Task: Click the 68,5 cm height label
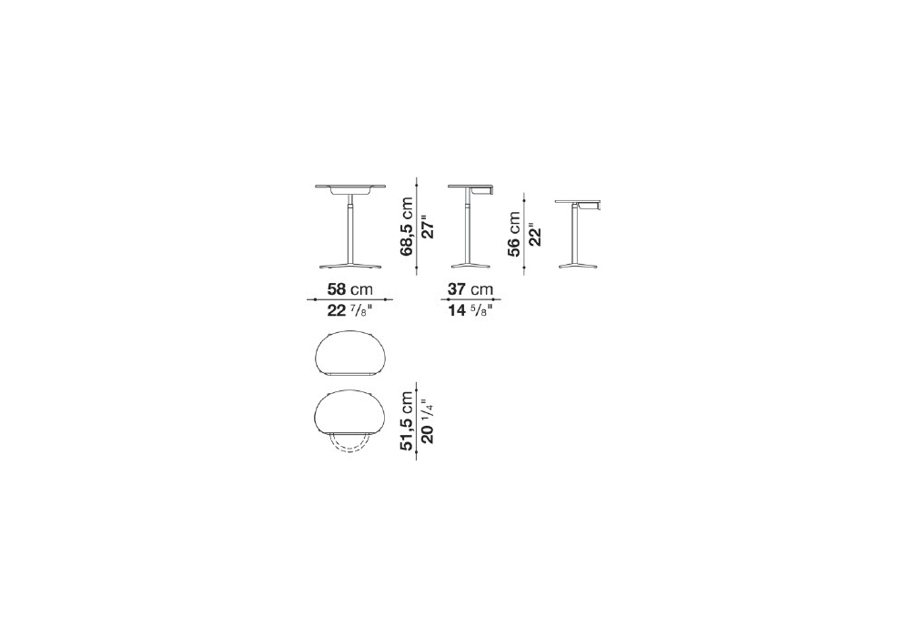[406, 227]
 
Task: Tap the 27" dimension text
[427, 227]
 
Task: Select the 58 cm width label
[350, 288]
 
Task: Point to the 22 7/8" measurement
[349, 310]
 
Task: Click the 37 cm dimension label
[470, 288]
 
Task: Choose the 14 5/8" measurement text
[470, 310]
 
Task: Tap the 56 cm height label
[513, 234]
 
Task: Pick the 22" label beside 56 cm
[534, 235]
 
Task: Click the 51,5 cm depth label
[406, 420]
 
